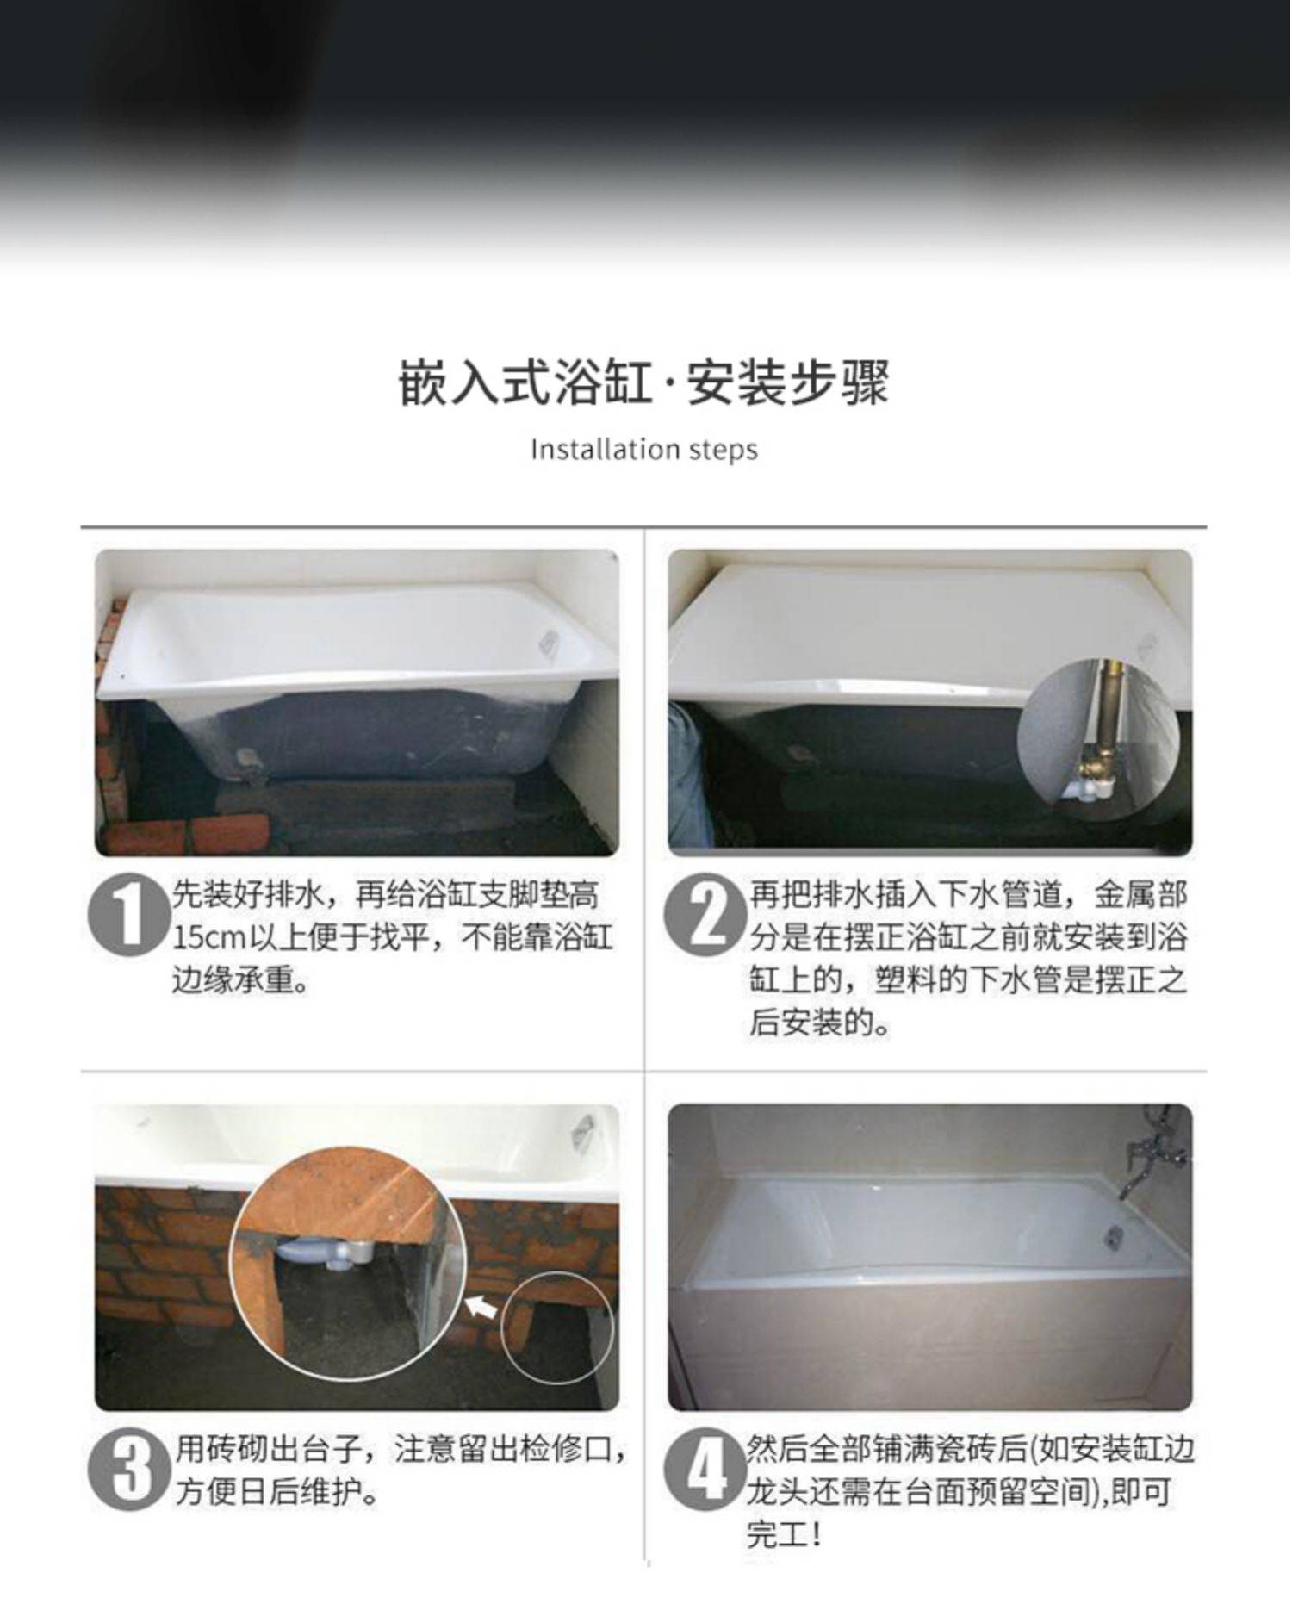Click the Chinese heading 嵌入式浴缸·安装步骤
tap(643, 382)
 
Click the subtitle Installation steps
tap(643, 449)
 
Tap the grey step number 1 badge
tap(129, 915)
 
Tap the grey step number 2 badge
tap(705, 915)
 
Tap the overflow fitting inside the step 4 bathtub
tap(1115, 1237)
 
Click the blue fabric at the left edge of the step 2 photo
tap(687, 775)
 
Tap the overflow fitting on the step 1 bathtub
tap(548, 643)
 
